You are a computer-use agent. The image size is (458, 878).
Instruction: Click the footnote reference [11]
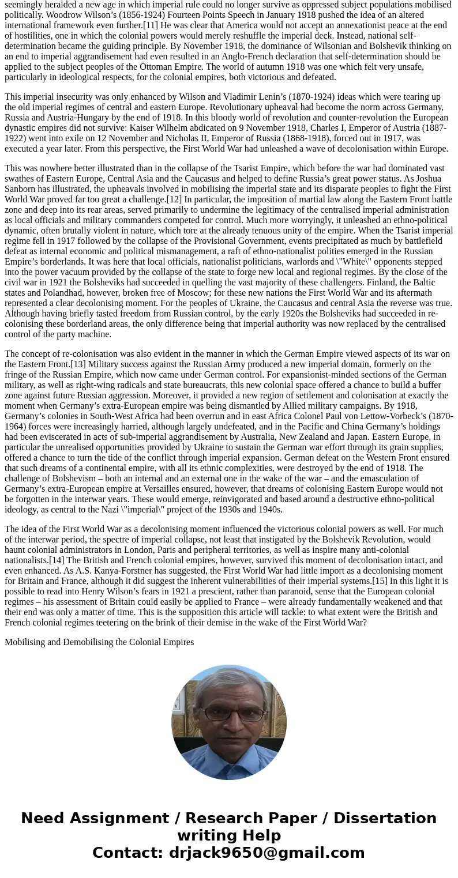[x=153, y=25]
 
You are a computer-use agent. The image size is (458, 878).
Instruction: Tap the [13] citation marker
[x=79, y=364]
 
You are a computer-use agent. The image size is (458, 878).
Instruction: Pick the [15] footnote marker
[x=380, y=581]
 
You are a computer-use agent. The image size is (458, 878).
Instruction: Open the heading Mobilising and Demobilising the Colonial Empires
[x=99, y=642]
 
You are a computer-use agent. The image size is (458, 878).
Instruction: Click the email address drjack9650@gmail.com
[x=266, y=853]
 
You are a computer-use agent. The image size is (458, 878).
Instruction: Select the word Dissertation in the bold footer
[x=385, y=819]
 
